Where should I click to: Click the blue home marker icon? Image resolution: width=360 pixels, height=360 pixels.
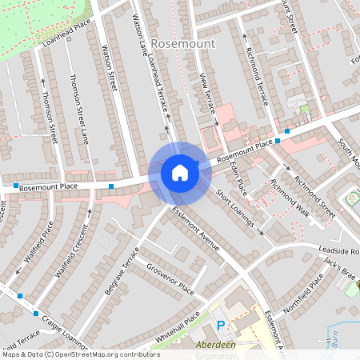point(180,173)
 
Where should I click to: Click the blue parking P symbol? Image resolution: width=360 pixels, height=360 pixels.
point(222,326)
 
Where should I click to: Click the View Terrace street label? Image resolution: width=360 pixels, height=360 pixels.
point(206,95)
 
